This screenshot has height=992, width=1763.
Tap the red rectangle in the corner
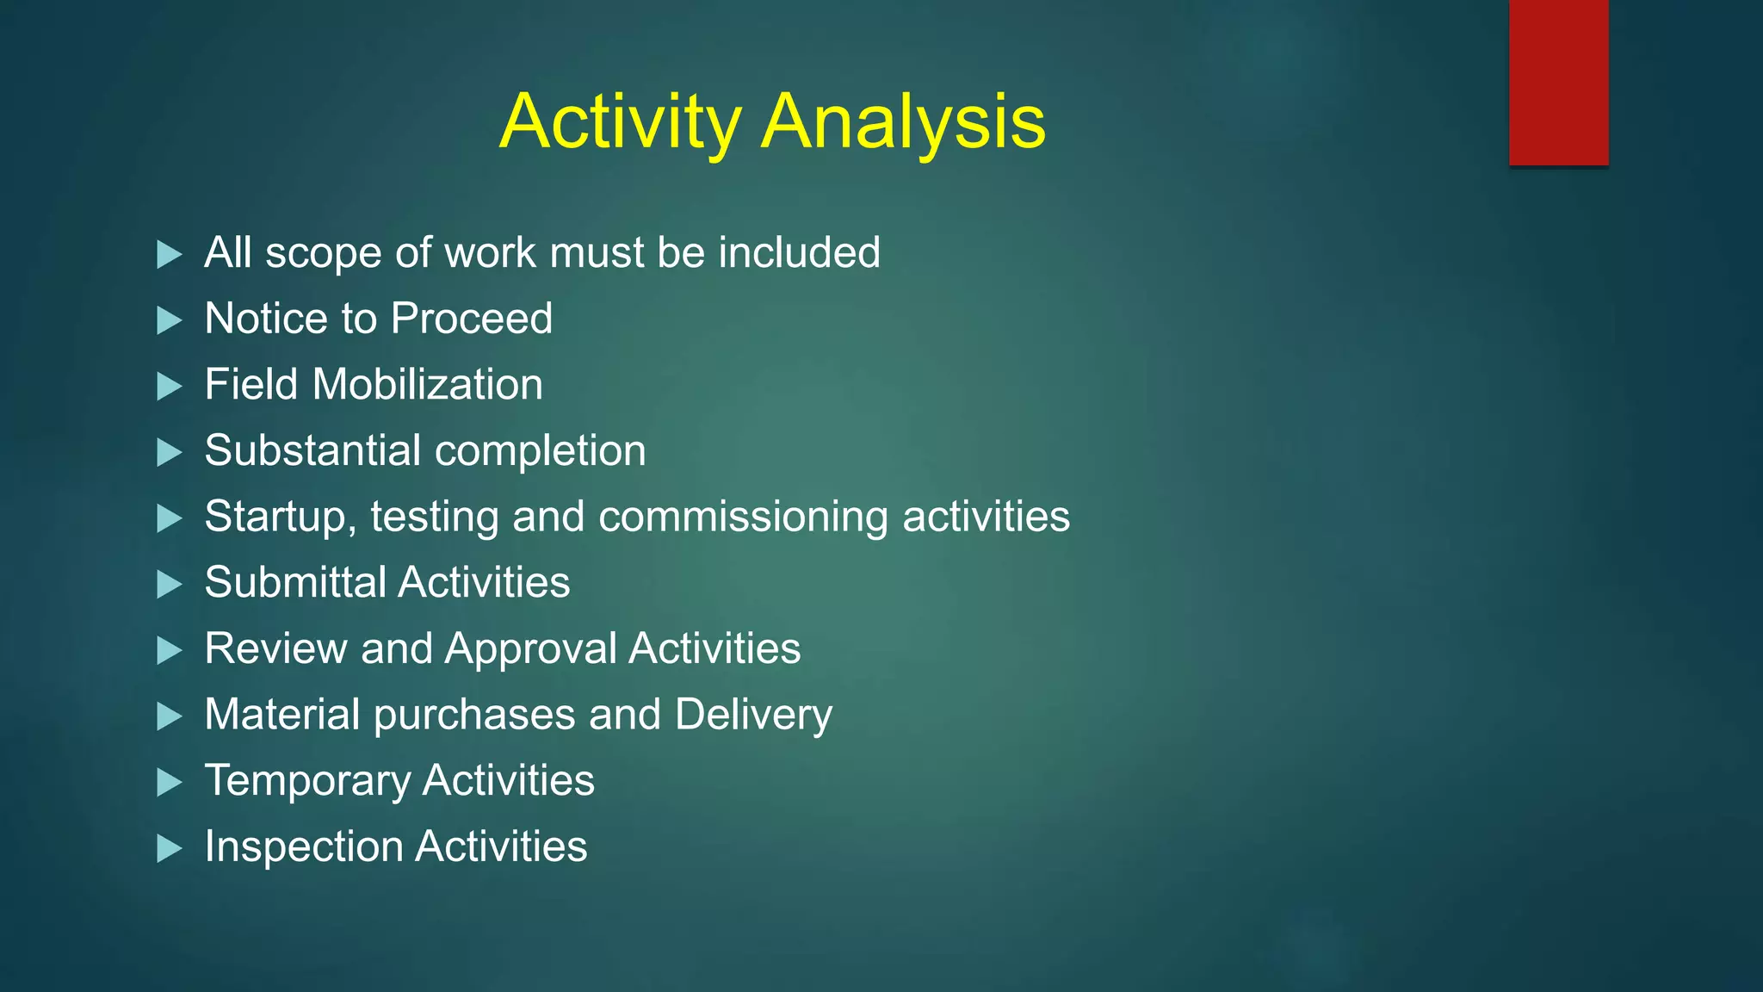1558,82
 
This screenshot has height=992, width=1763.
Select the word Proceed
471,319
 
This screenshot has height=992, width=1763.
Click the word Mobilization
427,385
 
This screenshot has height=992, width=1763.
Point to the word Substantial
312,450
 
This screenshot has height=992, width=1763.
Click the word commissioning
743,517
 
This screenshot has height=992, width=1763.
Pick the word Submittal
295,583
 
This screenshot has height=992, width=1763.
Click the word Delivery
753,716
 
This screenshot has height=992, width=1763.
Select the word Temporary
307,782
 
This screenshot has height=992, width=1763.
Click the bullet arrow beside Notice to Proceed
170,320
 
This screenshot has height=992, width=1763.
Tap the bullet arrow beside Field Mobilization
170,387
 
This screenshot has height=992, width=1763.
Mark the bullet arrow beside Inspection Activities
170,849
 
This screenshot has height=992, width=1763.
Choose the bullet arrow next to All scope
170,255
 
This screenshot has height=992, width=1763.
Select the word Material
282,715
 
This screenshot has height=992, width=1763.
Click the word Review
275,648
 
